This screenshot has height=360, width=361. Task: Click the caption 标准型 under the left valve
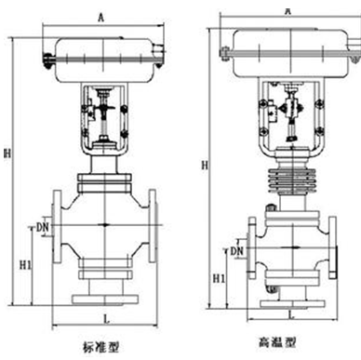pyautogui.click(x=100, y=347)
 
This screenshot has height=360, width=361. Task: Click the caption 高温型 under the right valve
pyautogui.click(x=277, y=342)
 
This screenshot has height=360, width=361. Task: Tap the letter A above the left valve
pyautogui.click(x=101, y=18)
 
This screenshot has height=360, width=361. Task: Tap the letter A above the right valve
pyautogui.click(x=288, y=11)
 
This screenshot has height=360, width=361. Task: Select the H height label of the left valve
pyautogui.click(x=7, y=153)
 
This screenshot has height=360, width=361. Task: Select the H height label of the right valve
pyautogui.click(x=205, y=166)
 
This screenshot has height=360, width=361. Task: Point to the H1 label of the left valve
pyautogui.click(x=25, y=265)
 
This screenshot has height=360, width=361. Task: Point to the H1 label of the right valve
pyautogui.click(x=219, y=279)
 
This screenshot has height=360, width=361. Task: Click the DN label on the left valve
pyautogui.click(x=43, y=228)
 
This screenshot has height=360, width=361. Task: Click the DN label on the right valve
pyautogui.click(x=237, y=251)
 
